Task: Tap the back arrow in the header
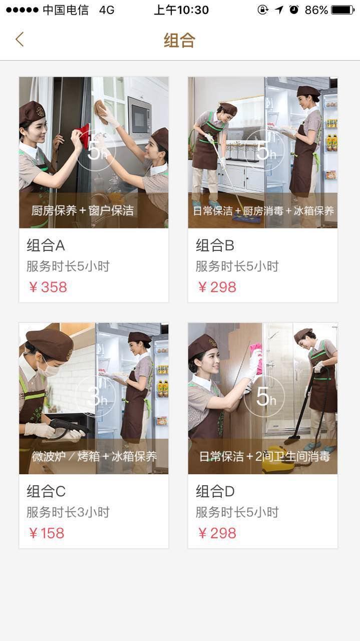click(x=20, y=39)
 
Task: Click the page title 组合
click(x=180, y=40)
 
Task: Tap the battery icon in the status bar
click(x=343, y=10)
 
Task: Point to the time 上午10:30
click(x=181, y=10)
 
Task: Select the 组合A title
click(x=46, y=245)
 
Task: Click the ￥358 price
click(x=48, y=287)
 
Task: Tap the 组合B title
click(x=215, y=245)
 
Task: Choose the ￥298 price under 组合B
click(x=217, y=287)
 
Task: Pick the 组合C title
click(x=46, y=491)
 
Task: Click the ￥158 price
click(x=47, y=533)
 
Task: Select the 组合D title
click(x=215, y=491)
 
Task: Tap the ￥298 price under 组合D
click(x=217, y=533)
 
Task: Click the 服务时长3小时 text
click(x=68, y=512)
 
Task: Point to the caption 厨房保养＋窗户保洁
click(x=83, y=211)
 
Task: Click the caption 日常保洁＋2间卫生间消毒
click(x=264, y=456)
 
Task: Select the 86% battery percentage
click(x=316, y=11)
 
